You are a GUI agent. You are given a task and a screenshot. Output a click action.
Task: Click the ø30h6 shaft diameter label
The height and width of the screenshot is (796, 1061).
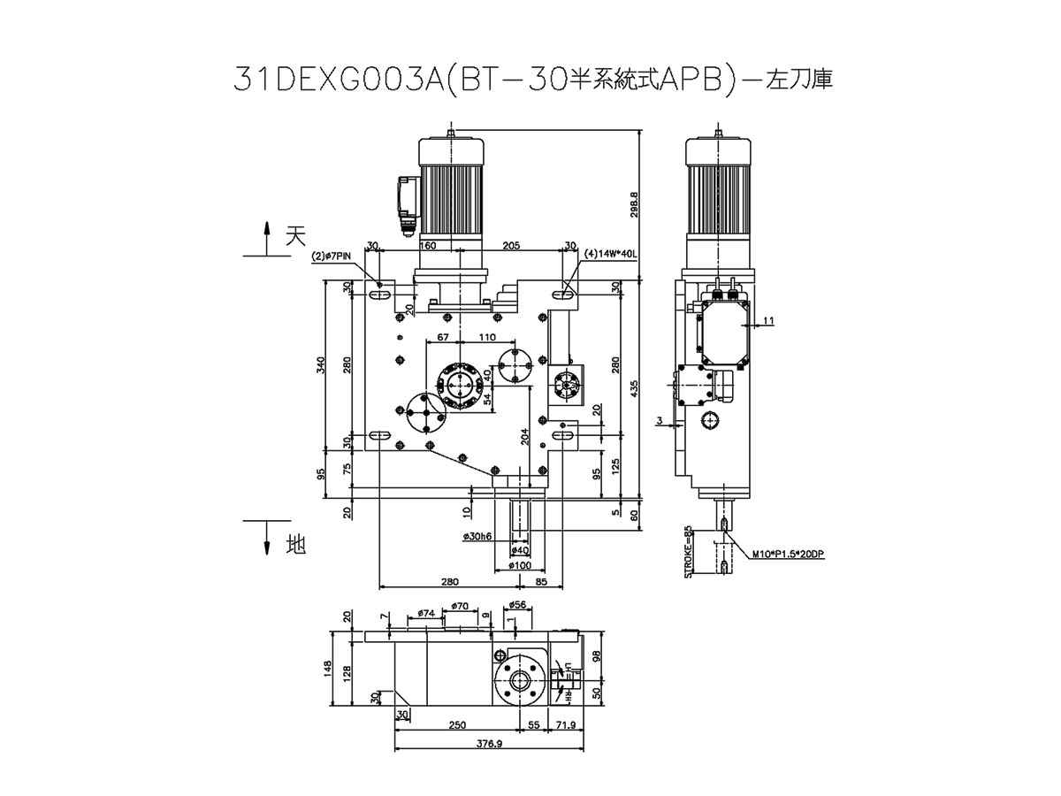click(x=477, y=537)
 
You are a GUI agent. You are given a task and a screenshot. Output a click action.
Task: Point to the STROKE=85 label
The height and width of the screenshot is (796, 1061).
click(x=689, y=553)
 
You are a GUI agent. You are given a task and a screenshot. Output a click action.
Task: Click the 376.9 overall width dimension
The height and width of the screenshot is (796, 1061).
click(x=488, y=745)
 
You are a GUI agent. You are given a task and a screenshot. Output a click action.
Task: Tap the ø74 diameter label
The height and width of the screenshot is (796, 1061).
click(x=424, y=612)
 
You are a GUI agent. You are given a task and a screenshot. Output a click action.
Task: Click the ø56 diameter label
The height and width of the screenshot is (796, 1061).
click(x=518, y=605)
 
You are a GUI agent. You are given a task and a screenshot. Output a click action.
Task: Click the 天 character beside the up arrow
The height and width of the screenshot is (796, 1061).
click(x=295, y=235)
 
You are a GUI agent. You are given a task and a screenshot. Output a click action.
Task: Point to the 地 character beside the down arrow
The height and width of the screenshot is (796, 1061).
click(x=294, y=546)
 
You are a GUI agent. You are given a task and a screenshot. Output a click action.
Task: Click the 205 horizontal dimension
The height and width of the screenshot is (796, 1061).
click(x=510, y=246)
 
